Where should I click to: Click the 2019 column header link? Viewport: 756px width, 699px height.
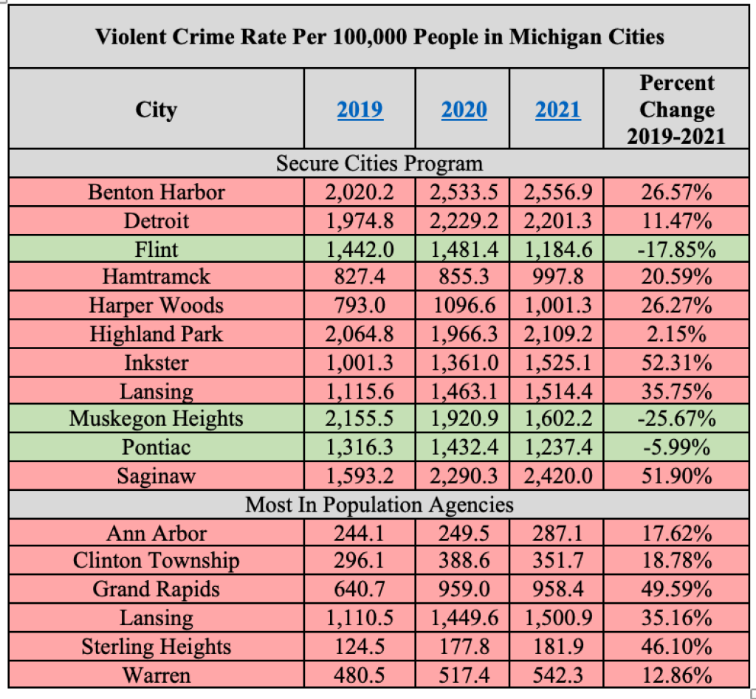[x=360, y=111]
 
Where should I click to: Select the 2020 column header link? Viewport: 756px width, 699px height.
[x=464, y=111]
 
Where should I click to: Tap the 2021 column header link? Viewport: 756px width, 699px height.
[x=558, y=111]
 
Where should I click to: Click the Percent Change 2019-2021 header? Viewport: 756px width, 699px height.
[x=676, y=110]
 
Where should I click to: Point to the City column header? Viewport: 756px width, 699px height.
[x=156, y=111]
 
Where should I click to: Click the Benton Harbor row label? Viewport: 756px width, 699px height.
[x=156, y=193]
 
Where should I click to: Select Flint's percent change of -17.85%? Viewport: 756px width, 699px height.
[x=676, y=249]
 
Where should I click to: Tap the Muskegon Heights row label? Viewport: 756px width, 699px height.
[x=156, y=419]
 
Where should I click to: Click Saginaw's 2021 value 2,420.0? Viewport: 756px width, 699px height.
[x=557, y=476]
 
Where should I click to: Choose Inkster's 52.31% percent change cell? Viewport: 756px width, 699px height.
[x=676, y=363]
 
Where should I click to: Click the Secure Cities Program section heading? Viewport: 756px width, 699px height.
[x=379, y=164]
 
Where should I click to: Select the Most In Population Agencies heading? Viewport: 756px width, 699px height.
[x=379, y=505]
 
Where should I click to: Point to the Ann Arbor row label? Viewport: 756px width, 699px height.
[x=156, y=534]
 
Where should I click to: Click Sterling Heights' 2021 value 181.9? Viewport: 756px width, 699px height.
[x=557, y=647]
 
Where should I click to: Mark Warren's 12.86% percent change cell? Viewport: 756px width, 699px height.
[x=676, y=675]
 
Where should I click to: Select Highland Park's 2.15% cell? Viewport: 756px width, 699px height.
[x=676, y=334]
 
